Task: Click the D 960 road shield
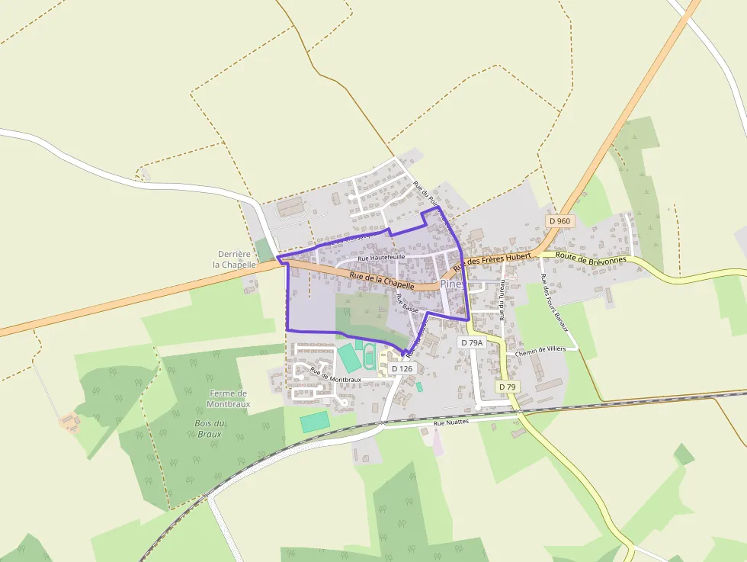(559, 221)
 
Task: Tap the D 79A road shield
(472, 343)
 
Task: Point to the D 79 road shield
(507, 387)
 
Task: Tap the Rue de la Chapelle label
(381, 280)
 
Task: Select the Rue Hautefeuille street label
(381, 258)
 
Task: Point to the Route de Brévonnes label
(591, 259)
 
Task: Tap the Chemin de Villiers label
(543, 352)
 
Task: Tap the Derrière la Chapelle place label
(234, 259)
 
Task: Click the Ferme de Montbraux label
(229, 398)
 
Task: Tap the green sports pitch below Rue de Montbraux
(315, 422)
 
